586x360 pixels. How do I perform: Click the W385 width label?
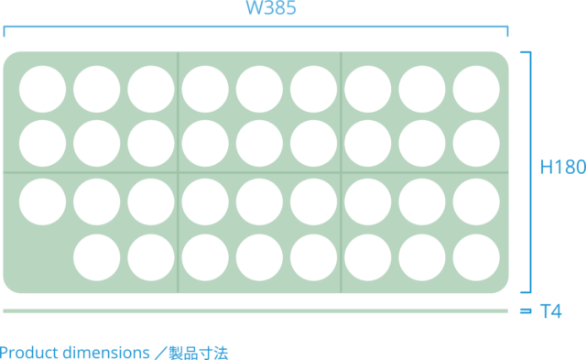pyautogui.click(x=270, y=8)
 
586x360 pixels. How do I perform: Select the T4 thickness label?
pyautogui.click(x=549, y=312)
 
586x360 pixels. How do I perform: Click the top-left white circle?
pyautogui.click(x=42, y=90)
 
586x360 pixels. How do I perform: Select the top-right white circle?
pyautogui.click(x=476, y=90)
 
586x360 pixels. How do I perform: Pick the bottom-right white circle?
pyautogui.click(x=476, y=257)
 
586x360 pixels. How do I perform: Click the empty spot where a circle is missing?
pyautogui.click(x=42, y=257)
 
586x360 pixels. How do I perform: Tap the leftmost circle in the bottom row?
pyautogui.click(x=96, y=257)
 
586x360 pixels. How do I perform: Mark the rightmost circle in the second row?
pyautogui.click(x=476, y=144)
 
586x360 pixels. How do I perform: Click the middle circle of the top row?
pyautogui.click(x=259, y=90)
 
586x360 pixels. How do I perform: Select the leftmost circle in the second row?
pyautogui.click(x=42, y=144)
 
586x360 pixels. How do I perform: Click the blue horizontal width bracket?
pyautogui.click(x=256, y=30)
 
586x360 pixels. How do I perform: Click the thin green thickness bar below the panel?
pyautogui.click(x=256, y=311)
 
